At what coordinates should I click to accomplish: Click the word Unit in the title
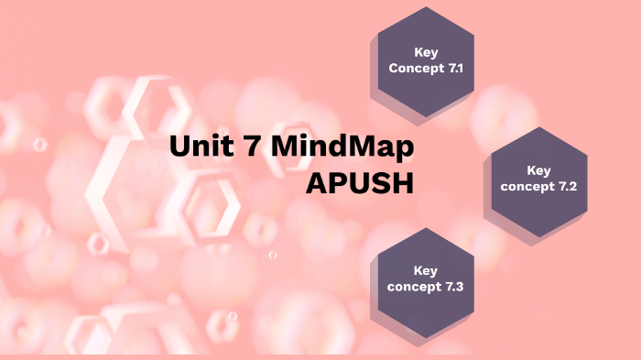coord(197,147)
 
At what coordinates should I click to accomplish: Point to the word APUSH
coord(360,182)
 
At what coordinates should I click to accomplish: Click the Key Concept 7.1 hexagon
coord(426,60)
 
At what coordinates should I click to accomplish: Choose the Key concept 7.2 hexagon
coord(539,179)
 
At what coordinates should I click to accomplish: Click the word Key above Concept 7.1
coord(426,52)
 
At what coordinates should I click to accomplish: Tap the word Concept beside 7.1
coord(415,69)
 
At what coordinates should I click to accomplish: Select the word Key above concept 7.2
coord(539,169)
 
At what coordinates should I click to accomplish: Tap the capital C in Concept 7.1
coord(394,69)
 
